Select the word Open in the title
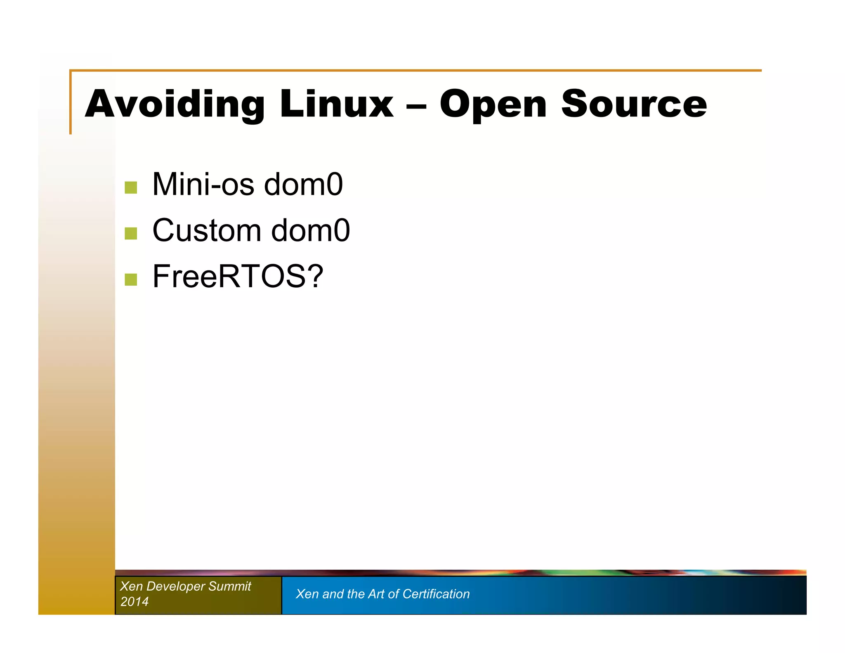click(493, 105)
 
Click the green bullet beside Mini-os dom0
click(131, 187)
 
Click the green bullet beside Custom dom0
click(131, 233)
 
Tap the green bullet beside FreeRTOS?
click(131, 279)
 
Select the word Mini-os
click(203, 184)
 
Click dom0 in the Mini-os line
click(303, 184)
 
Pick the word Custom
click(207, 230)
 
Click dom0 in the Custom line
click(310, 230)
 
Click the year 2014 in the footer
click(134, 601)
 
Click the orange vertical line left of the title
click(71, 103)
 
